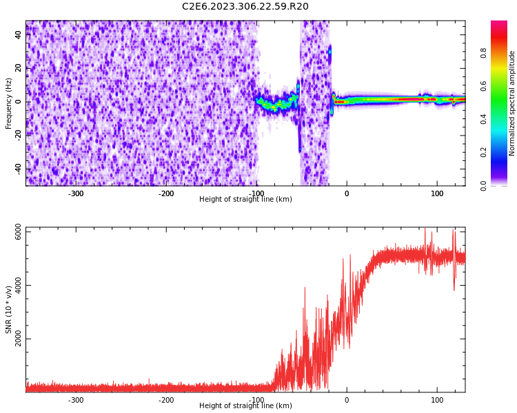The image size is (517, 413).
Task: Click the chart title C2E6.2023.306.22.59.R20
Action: [245, 7]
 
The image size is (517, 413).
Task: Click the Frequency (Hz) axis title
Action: [9, 103]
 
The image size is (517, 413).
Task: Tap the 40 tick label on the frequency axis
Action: [19, 34]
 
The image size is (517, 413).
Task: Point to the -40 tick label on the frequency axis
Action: [17, 169]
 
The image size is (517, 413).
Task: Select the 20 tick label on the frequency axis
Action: [19, 68]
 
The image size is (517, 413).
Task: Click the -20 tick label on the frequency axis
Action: [17, 135]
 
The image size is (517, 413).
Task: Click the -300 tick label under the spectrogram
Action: [76, 193]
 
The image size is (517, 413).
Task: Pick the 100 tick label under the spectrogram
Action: [437, 193]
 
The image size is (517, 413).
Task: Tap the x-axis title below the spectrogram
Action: [245, 200]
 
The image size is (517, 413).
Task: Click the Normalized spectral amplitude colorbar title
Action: [512, 103]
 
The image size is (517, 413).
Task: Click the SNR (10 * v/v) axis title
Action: [9, 310]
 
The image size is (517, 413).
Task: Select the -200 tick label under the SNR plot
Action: [166, 400]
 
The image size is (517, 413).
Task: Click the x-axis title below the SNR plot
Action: [245, 406]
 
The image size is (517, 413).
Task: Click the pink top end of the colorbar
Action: [499, 25]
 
